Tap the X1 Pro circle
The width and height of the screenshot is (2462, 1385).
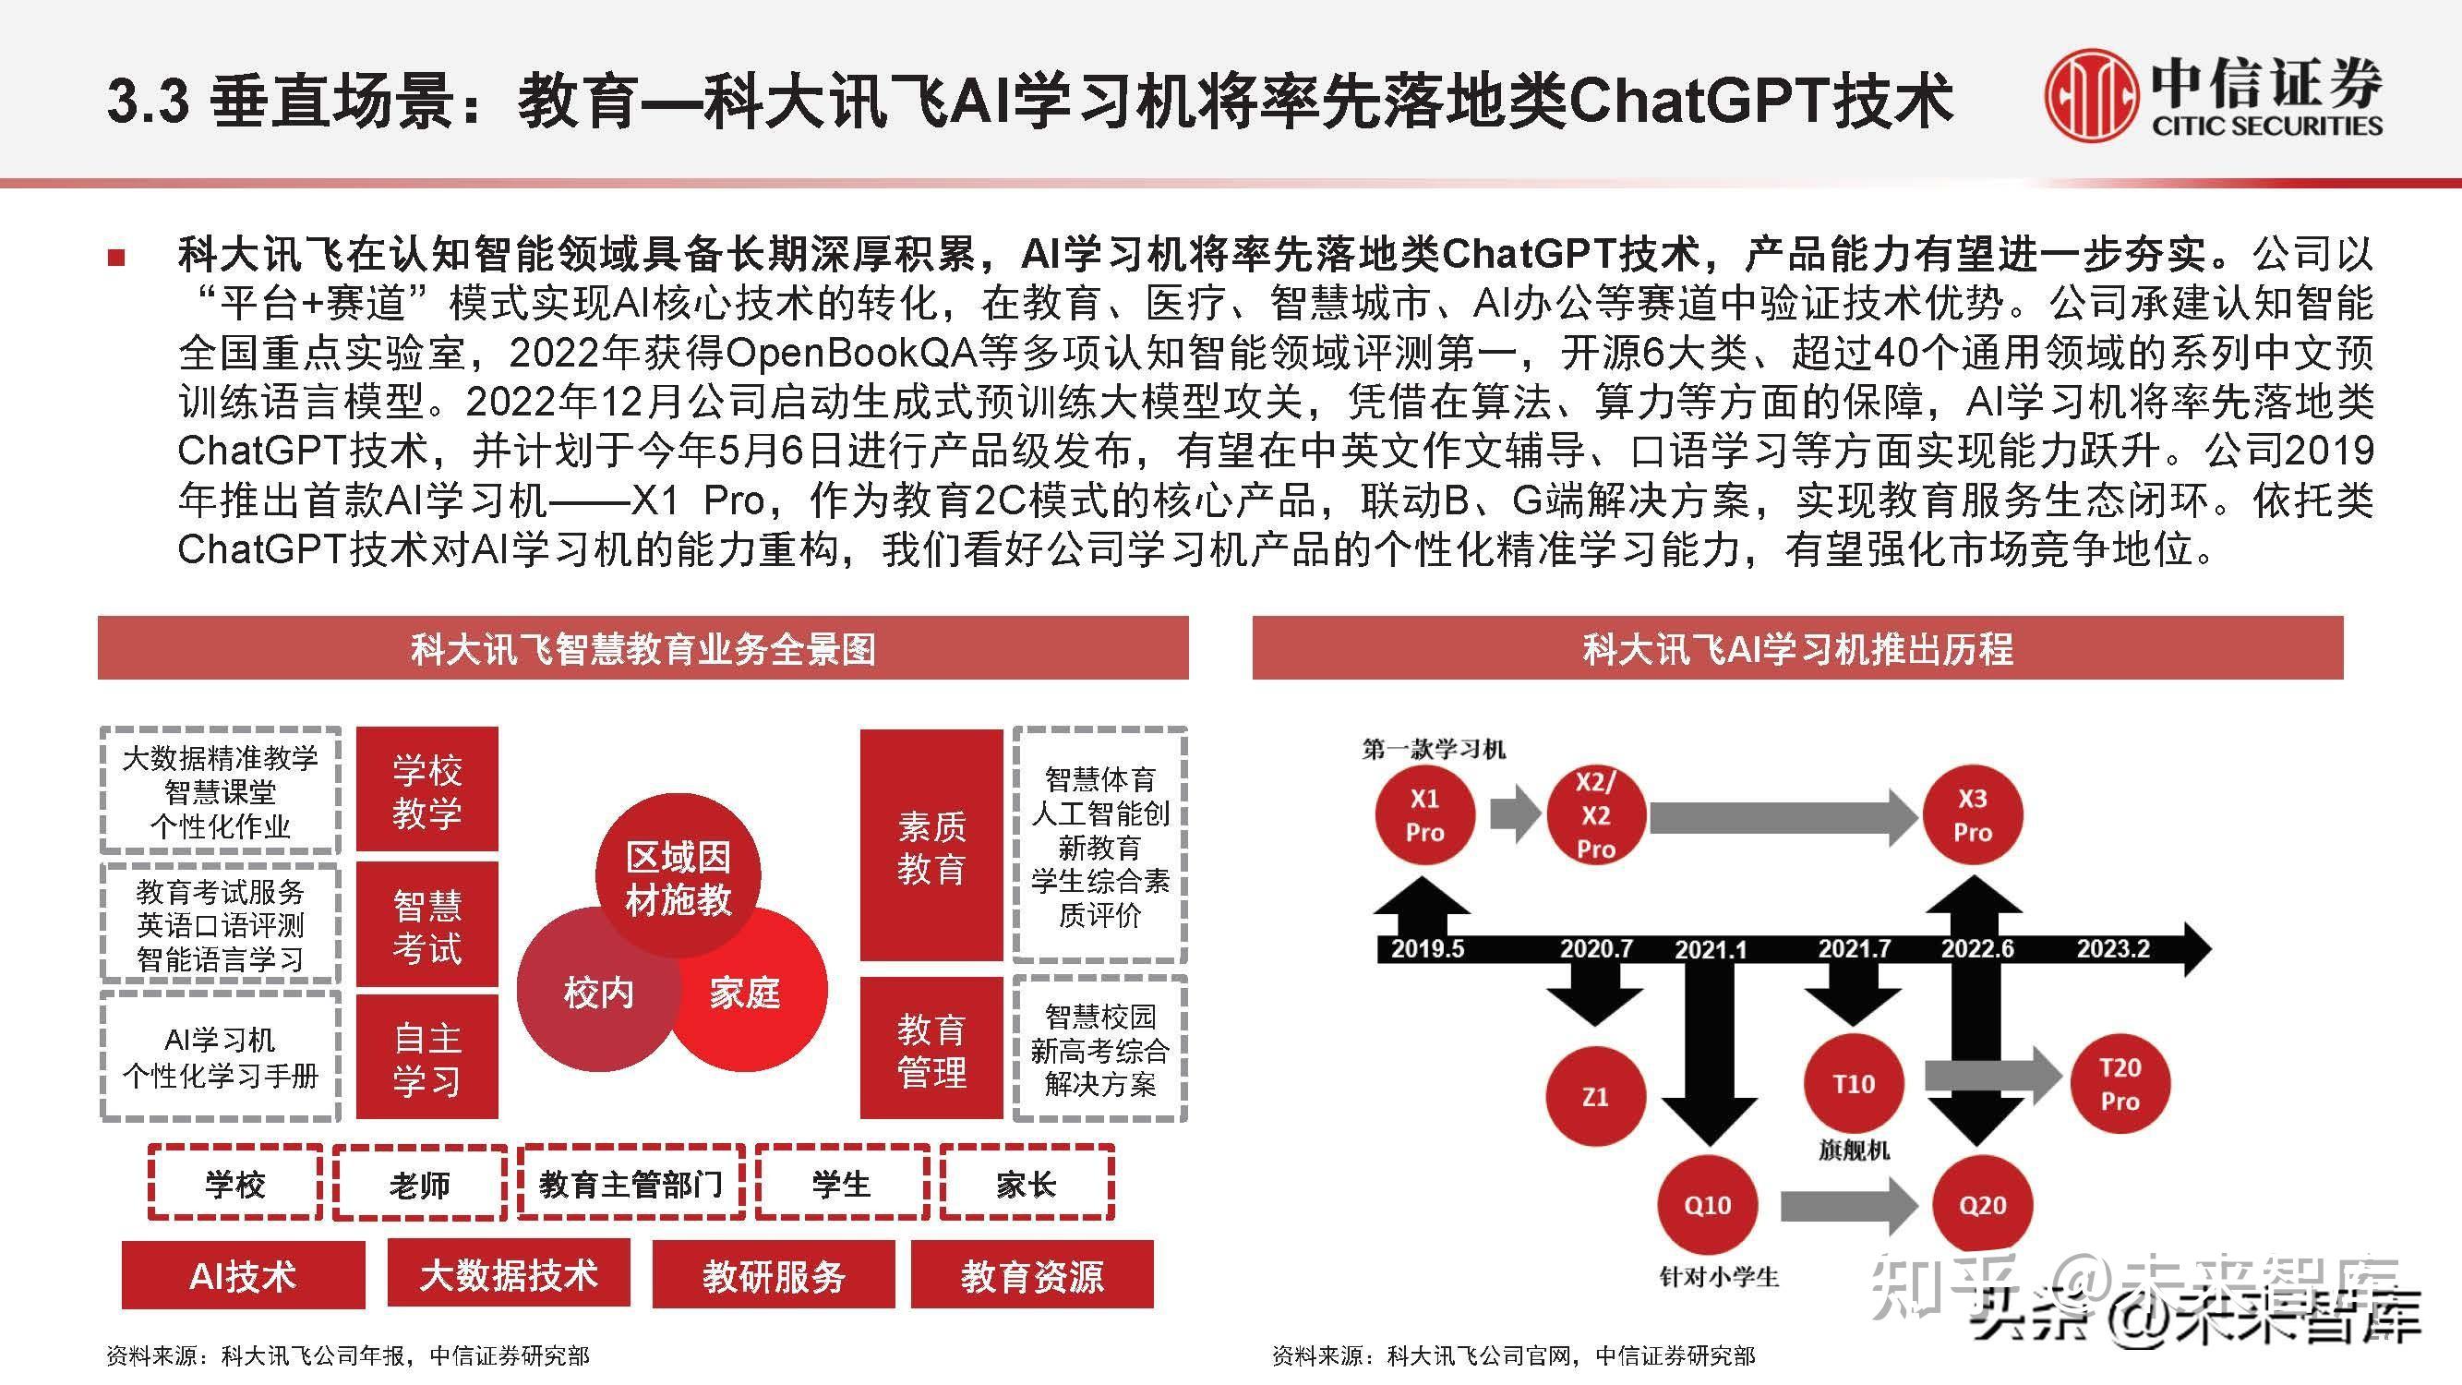(1424, 814)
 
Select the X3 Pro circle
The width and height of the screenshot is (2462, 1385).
(1973, 814)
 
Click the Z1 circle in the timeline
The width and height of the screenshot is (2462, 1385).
(1595, 1095)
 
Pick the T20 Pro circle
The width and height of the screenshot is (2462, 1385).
(2120, 1084)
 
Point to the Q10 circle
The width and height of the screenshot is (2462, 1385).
(1707, 1205)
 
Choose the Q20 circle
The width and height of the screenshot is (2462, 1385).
(1982, 1205)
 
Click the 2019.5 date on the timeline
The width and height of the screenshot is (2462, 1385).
(1427, 949)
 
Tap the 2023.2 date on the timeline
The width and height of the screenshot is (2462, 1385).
(2113, 949)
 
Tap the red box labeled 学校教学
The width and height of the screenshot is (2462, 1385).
(427, 790)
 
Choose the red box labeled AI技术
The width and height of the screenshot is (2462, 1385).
(243, 1275)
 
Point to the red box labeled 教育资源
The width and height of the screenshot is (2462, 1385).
(1032, 1275)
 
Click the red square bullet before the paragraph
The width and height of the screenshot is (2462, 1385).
(116, 256)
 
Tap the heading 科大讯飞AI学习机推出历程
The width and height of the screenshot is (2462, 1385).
(1796, 649)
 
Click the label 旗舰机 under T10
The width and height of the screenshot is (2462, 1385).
(1853, 1149)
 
